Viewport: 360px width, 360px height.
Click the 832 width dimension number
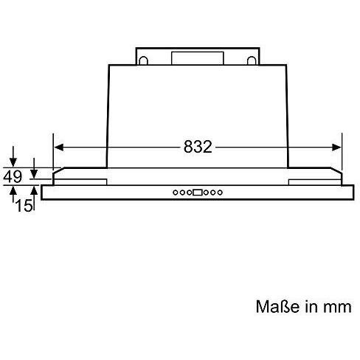[198, 147]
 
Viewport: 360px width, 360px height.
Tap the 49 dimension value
[13, 176]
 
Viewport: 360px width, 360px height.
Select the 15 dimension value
[24, 205]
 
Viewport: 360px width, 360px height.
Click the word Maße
[275, 307]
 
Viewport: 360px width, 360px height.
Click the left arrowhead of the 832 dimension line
[59, 148]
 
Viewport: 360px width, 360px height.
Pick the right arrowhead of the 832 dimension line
[336, 148]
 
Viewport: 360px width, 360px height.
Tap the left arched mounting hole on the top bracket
[143, 60]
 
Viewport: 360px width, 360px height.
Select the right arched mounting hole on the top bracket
[252, 60]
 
